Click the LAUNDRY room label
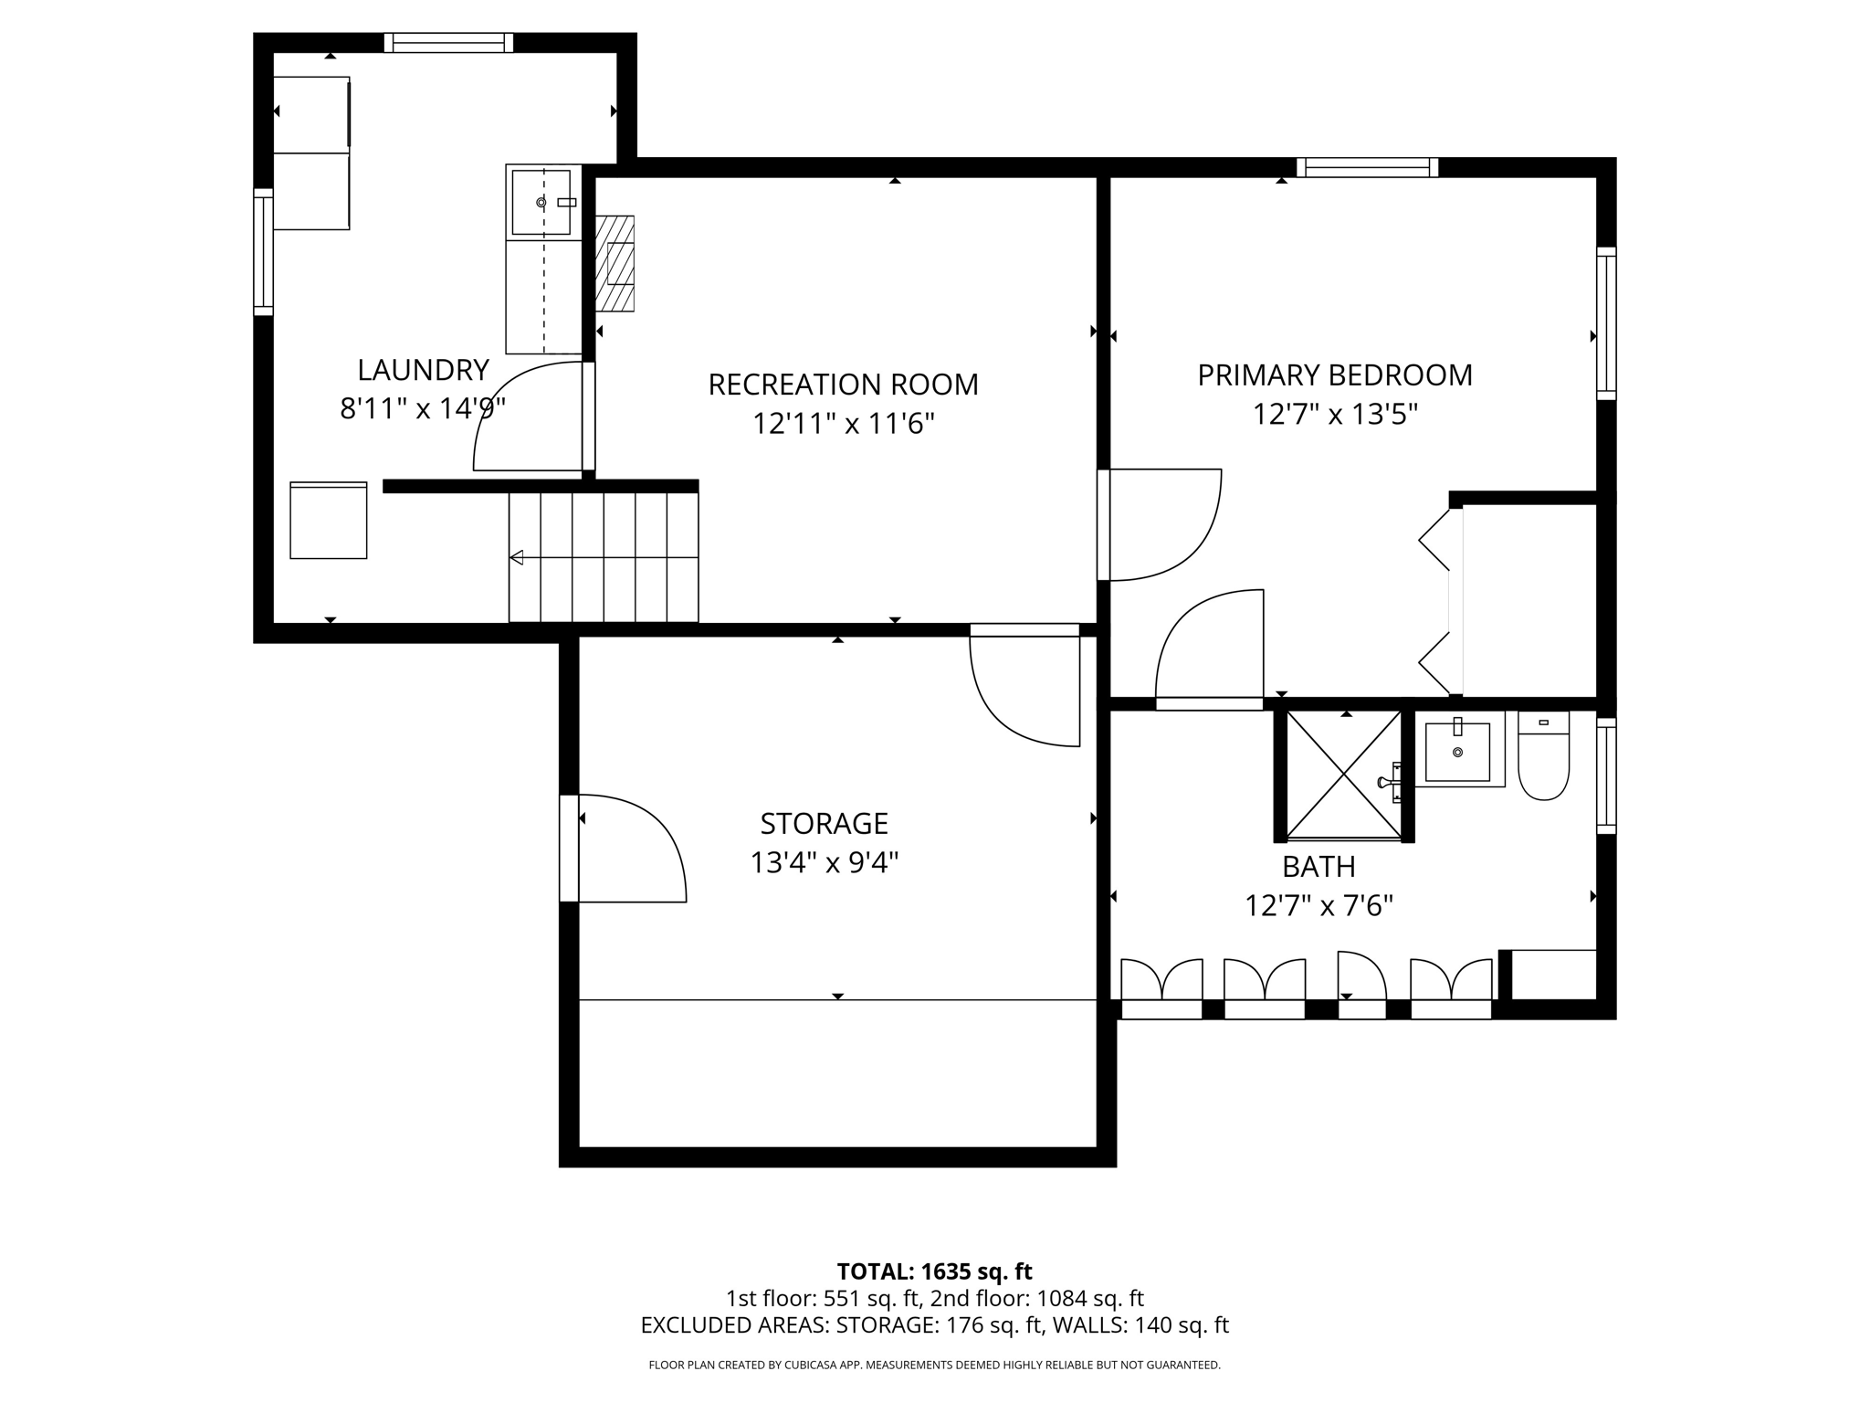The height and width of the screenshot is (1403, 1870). pos(423,370)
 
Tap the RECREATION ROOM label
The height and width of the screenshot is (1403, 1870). pos(843,385)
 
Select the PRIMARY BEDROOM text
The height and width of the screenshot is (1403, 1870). pos(1334,375)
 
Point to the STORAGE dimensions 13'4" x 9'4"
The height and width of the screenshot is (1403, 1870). pos(824,863)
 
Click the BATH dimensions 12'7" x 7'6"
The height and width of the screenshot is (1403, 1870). pos(1318,906)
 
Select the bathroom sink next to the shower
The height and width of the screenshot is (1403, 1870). pos(1457,752)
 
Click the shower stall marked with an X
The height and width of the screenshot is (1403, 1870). pos(1343,775)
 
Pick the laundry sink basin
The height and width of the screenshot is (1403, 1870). pos(542,202)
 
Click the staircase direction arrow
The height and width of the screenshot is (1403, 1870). pos(517,557)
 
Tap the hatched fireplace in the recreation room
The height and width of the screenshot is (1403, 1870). pos(615,263)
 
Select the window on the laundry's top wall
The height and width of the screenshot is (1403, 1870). pos(448,43)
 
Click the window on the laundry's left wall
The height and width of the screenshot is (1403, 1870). pos(263,251)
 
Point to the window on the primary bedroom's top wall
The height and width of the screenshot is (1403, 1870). pos(1367,167)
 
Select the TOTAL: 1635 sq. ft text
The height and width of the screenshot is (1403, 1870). pos(934,1271)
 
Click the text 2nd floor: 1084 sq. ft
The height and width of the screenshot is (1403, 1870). pos(1036,1298)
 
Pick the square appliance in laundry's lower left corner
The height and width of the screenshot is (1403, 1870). pos(329,521)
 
